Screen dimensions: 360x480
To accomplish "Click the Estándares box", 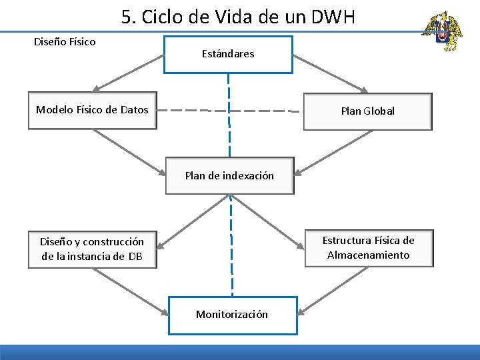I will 228,54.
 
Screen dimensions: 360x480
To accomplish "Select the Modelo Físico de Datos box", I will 92,110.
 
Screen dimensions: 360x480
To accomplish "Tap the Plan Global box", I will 367,111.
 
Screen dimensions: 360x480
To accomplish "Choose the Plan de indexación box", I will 229,176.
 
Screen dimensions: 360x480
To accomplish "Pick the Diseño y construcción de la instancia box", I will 92,249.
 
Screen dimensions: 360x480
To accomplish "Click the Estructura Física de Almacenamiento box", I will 368,248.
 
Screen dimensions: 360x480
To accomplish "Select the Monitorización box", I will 232,314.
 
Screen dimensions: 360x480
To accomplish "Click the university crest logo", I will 442,31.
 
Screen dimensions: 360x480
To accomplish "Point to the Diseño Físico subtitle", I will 65,42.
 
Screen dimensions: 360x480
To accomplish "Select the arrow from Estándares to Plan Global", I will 331,73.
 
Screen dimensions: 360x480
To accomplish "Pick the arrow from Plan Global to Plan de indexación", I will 333,151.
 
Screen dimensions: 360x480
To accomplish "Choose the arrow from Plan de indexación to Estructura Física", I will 267,221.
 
